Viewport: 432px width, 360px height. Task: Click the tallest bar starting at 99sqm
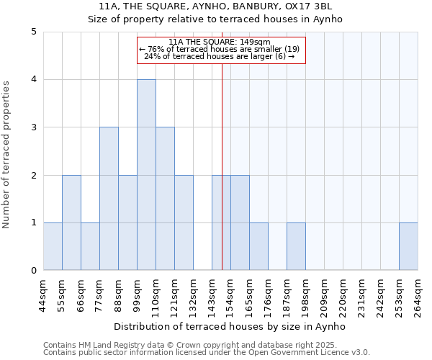point(146,175)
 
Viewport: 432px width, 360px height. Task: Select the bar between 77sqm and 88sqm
point(109,199)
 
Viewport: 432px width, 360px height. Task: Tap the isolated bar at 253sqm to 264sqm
point(408,246)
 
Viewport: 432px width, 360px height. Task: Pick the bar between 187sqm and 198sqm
point(296,246)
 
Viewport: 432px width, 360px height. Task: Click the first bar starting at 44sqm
point(53,246)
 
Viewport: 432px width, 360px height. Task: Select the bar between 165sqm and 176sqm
point(258,246)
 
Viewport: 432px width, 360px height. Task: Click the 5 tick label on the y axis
point(34,32)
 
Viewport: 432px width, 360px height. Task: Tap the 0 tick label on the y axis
point(34,271)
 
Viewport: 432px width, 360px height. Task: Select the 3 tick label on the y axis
point(34,127)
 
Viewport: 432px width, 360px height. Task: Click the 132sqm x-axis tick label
point(194,296)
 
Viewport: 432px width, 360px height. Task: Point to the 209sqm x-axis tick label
point(325,296)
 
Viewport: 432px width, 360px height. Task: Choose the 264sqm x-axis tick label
point(418,296)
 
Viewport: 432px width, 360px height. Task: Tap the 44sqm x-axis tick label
point(44,296)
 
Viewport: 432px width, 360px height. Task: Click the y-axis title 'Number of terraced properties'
point(6,155)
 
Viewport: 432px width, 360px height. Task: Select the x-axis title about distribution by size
point(230,326)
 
